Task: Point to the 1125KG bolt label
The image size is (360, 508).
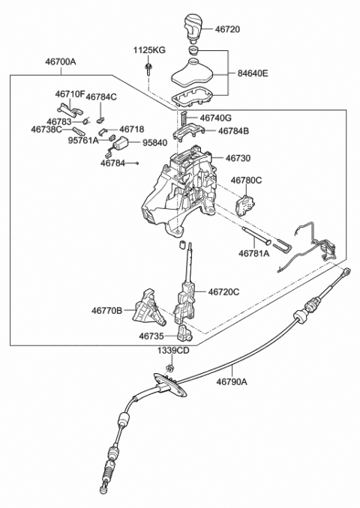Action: pos(149,50)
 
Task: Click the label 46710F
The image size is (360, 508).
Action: pos(70,94)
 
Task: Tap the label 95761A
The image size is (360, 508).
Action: pos(83,139)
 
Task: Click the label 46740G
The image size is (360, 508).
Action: pos(216,118)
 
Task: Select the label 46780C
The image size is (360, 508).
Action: pos(246,181)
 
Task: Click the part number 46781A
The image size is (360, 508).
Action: pos(256,254)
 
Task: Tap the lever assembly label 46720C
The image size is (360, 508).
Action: pos(224,291)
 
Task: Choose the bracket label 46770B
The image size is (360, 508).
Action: pos(107,309)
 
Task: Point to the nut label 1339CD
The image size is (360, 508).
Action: pos(172,351)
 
